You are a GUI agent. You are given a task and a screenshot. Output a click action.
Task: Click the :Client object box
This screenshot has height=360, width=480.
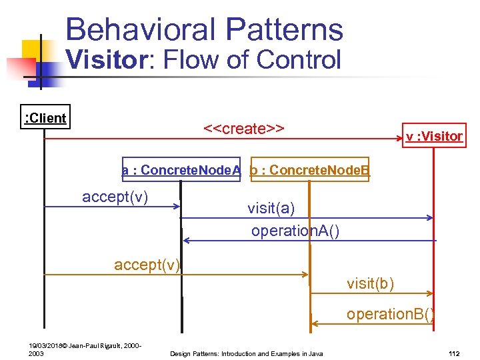click(x=45, y=119)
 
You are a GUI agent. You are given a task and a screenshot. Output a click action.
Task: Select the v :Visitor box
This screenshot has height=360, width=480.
click(x=434, y=137)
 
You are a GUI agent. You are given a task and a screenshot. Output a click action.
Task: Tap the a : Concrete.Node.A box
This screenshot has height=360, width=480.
click(x=181, y=171)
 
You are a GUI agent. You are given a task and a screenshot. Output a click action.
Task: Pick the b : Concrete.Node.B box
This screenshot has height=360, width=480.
click(x=309, y=171)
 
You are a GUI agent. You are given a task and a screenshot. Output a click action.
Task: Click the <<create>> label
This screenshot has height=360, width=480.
click(x=244, y=128)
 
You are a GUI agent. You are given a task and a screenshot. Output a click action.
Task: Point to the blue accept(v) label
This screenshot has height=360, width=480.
click(x=115, y=197)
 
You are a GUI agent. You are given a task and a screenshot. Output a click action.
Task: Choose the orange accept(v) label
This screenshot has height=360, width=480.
click(x=147, y=265)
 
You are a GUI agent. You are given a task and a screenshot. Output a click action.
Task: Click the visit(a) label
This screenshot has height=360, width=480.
click(x=271, y=208)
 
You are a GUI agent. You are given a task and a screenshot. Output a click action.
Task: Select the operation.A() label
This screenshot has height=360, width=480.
click(x=295, y=231)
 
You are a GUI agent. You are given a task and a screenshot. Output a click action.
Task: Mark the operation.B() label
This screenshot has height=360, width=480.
click(x=390, y=314)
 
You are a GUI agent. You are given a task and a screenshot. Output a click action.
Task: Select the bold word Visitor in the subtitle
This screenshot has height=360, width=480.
click(x=107, y=59)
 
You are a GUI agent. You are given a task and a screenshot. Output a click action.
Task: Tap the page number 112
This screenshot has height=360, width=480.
click(x=455, y=353)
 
